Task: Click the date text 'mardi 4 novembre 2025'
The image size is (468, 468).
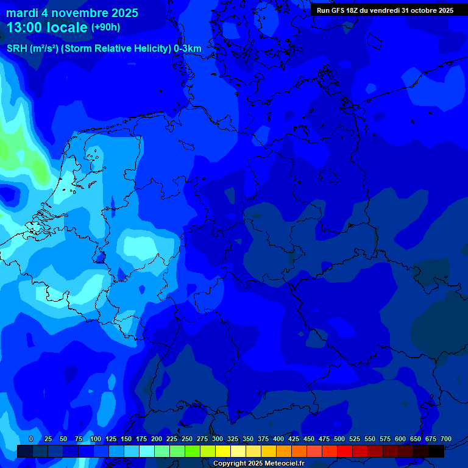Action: pos(72,13)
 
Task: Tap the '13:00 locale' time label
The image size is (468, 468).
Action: pos(47,27)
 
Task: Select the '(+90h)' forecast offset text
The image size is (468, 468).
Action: pos(105,27)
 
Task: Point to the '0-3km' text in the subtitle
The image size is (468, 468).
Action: pos(187,49)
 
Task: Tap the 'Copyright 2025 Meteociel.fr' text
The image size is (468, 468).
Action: pos(258,464)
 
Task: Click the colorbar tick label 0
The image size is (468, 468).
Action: pos(31,439)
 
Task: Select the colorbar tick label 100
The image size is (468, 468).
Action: pos(95,439)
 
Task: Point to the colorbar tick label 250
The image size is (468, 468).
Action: pos(186,439)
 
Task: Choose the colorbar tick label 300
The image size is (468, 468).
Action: pos(217,439)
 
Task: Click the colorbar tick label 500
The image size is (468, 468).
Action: pos(339,439)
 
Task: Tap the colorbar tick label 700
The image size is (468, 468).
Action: pos(445,439)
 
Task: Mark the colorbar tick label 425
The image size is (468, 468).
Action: pos(293,439)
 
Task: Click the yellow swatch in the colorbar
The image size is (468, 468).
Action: pos(223,451)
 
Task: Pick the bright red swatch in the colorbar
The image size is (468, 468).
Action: pos(345,451)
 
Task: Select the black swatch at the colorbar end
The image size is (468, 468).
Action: pos(436,451)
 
